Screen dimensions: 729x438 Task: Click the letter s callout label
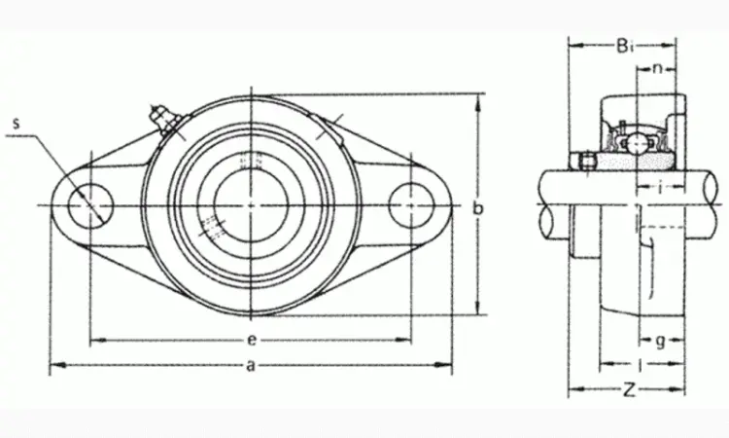[17, 124]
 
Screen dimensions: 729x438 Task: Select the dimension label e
[251, 341]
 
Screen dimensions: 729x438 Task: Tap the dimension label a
[251, 366]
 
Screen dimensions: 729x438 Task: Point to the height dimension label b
[478, 208]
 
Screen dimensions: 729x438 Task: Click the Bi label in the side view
[625, 46]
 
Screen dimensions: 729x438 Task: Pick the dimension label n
[657, 69]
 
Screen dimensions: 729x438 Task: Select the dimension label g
[660, 342]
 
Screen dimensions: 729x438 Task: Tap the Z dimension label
[629, 389]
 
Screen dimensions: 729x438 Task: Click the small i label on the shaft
[660, 188]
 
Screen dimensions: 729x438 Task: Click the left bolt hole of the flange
[90, 205]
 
